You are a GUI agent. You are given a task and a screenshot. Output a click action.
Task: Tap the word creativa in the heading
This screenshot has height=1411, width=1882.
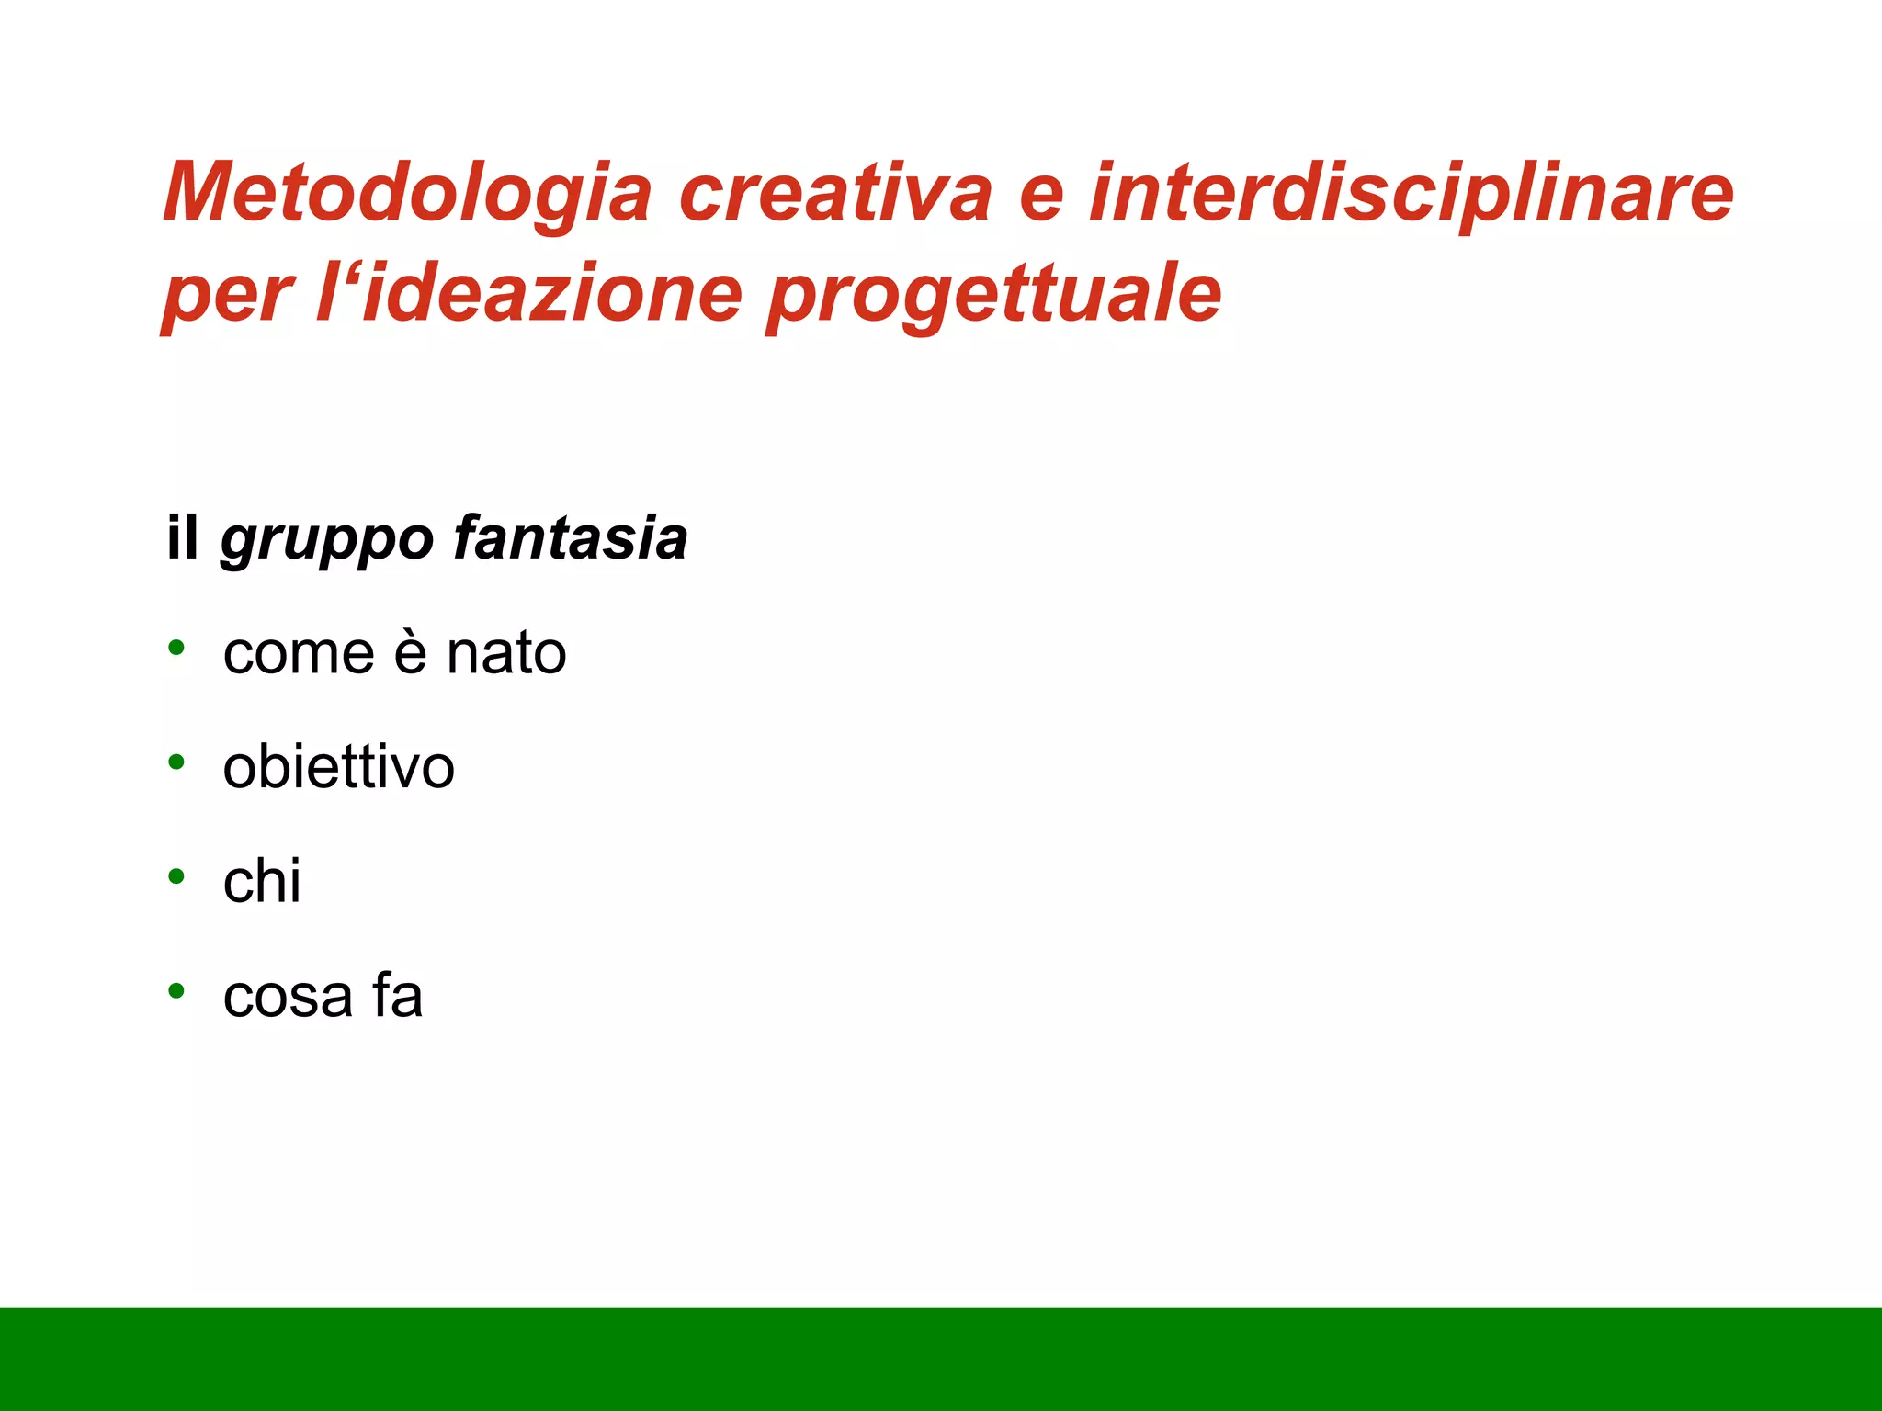pos(835,193)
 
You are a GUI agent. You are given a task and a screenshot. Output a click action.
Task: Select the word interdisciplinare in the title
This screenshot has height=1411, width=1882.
pos(1411,193)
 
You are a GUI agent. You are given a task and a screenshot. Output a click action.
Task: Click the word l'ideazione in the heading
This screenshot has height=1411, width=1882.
pos(528,294)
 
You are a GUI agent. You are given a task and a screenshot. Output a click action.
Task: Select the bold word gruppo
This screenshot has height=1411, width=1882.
pos(326,540)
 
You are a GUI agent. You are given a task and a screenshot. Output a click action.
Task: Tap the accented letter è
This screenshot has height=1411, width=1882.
pos(411,652)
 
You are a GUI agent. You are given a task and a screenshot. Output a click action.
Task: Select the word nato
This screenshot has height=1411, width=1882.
pos(506,654)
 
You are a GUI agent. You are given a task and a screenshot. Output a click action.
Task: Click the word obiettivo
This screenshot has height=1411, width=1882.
pos(338,767)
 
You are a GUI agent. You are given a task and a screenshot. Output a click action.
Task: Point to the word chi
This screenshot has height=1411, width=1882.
pos(262,881)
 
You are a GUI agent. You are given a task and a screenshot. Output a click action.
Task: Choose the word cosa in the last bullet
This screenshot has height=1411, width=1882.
pos(288,997)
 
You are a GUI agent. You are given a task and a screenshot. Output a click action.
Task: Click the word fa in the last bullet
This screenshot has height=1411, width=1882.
pos(397,995)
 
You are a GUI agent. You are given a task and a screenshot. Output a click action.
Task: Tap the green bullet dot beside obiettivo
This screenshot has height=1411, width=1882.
pos(176,762)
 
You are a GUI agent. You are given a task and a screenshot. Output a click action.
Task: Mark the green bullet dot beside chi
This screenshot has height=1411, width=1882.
pos(176,876)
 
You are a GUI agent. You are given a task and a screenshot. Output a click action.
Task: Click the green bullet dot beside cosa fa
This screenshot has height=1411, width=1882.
pos(176,991)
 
